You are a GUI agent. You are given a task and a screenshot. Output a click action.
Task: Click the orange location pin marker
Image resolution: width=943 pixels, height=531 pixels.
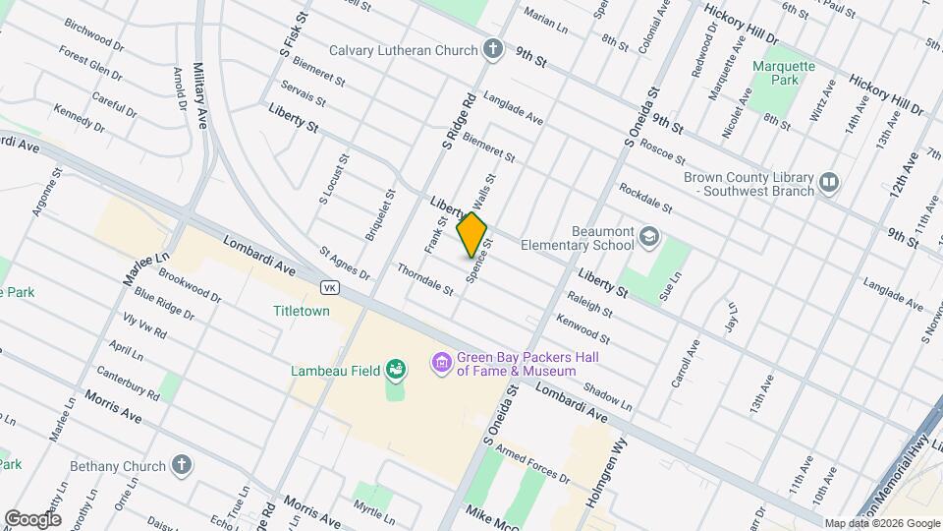click(x=472, y=234)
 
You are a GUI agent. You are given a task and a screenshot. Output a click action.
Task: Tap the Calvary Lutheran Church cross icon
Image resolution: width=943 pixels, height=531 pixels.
click(x=492, y=49)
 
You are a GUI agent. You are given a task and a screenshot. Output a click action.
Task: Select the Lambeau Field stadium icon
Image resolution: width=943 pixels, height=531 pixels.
click(x=396, y=371)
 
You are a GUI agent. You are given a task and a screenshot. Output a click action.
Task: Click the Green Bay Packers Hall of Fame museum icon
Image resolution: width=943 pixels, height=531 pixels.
click(x=442, y=364)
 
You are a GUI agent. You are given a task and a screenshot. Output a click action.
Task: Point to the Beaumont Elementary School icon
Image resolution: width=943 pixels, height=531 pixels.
click(x=648, y=236)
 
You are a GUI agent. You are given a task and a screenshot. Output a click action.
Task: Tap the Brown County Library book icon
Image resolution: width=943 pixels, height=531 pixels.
click(x=829, y=182)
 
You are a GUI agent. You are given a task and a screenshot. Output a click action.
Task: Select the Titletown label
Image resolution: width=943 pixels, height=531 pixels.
click(x=301, y=311)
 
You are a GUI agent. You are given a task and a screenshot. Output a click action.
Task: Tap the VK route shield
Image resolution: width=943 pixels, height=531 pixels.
click(x=330, y=286)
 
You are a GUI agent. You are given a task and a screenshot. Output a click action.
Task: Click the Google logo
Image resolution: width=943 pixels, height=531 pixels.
click(x=32, y=519)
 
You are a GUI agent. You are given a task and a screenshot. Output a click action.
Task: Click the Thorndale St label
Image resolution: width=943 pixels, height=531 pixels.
click(x=425, y=279)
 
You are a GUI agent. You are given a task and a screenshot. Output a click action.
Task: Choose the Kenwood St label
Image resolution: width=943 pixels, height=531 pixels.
click(x=583, y=331)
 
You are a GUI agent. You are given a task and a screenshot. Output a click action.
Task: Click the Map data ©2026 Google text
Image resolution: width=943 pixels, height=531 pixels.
click(x=881, y=523)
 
